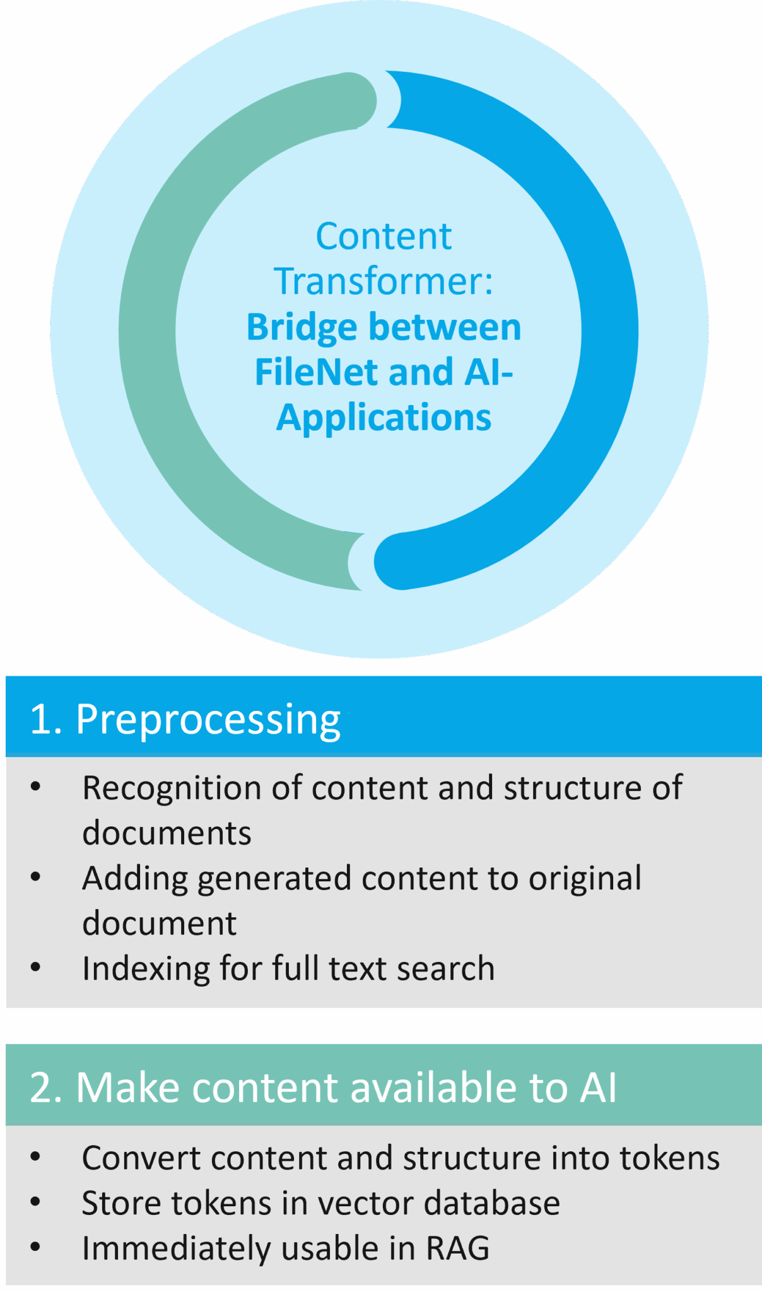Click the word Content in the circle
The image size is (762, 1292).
point(384,237)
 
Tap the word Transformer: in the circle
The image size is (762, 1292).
point(383,281)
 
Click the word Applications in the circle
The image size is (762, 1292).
point(384,418)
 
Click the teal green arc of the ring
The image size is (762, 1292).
point(148,331)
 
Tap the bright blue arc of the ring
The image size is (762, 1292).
point(609,331)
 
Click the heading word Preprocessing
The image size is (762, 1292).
point(208,719)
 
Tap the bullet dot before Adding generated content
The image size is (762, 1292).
point(35,876)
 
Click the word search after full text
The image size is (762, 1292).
point(451,968)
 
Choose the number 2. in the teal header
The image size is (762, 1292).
point(46,1088)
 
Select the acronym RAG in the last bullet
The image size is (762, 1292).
point(457,1248)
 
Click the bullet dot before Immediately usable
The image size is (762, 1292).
point(35,1247)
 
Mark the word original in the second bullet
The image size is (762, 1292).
point(585,879)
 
